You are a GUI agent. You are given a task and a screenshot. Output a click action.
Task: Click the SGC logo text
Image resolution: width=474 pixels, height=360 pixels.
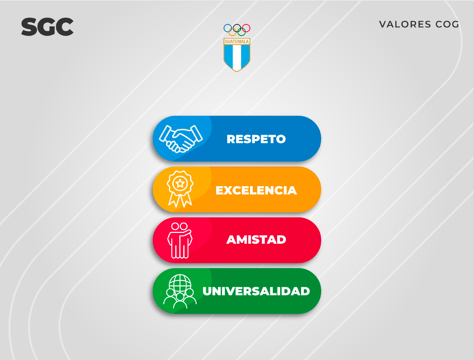click(47, 27)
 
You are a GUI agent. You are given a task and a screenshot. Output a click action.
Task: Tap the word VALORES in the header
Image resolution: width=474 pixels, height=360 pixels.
click(405, 24)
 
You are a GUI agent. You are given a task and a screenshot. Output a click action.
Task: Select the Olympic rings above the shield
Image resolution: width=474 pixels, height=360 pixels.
click(237, 30)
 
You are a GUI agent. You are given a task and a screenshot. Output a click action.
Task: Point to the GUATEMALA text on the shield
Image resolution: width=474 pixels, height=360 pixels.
click(237, 42)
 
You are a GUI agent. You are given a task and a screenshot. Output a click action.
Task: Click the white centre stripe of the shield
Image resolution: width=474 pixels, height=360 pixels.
click(237, 58)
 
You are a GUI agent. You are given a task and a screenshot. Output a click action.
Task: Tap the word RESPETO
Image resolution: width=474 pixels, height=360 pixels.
click(256, 139)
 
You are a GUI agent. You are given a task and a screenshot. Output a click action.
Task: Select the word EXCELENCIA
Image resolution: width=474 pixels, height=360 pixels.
click(256, 190)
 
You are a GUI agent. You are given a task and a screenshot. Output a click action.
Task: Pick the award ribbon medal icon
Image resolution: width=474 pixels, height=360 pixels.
click(180, 189)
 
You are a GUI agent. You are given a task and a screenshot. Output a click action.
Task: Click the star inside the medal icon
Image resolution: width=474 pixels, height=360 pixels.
click(180, 183)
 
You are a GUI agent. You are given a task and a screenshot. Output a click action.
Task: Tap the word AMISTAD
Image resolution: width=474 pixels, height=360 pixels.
click(256, 240)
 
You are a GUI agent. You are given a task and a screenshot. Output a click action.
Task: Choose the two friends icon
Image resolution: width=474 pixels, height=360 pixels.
click(180, 241)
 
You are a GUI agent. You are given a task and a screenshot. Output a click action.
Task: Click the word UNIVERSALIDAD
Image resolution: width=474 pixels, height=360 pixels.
click(256, 291)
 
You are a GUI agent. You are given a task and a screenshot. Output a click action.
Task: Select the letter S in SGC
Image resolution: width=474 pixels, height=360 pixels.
click(29, 27)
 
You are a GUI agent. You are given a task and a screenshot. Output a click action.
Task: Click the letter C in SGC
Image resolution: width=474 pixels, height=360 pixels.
click(65, 27)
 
